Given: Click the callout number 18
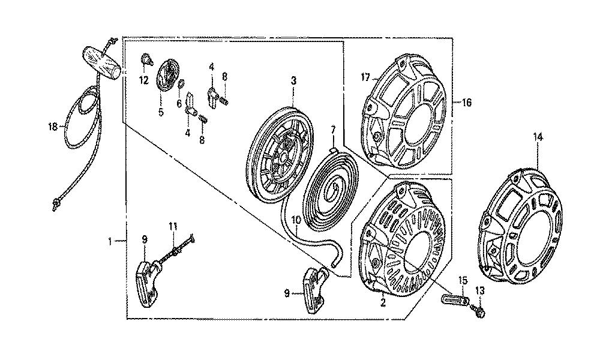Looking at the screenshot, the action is [x=52, y=127].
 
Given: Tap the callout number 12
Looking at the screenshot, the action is [x=143, y=80].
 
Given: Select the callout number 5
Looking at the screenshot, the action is [x=161, y=112].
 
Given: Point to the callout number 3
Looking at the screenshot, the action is [x=293, y=81].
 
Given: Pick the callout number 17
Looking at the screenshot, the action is [x=365, y=77].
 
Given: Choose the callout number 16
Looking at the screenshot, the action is [x=467, y=103].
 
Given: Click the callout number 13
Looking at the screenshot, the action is [x=480, y=291].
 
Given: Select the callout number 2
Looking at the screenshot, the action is [x=383, y=302].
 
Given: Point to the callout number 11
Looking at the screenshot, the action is [x=173, y=226].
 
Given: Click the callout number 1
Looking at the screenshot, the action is [x=110, y=241].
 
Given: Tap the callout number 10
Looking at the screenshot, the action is [x=296, y=220].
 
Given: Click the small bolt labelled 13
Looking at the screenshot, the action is [x=478, y=310].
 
